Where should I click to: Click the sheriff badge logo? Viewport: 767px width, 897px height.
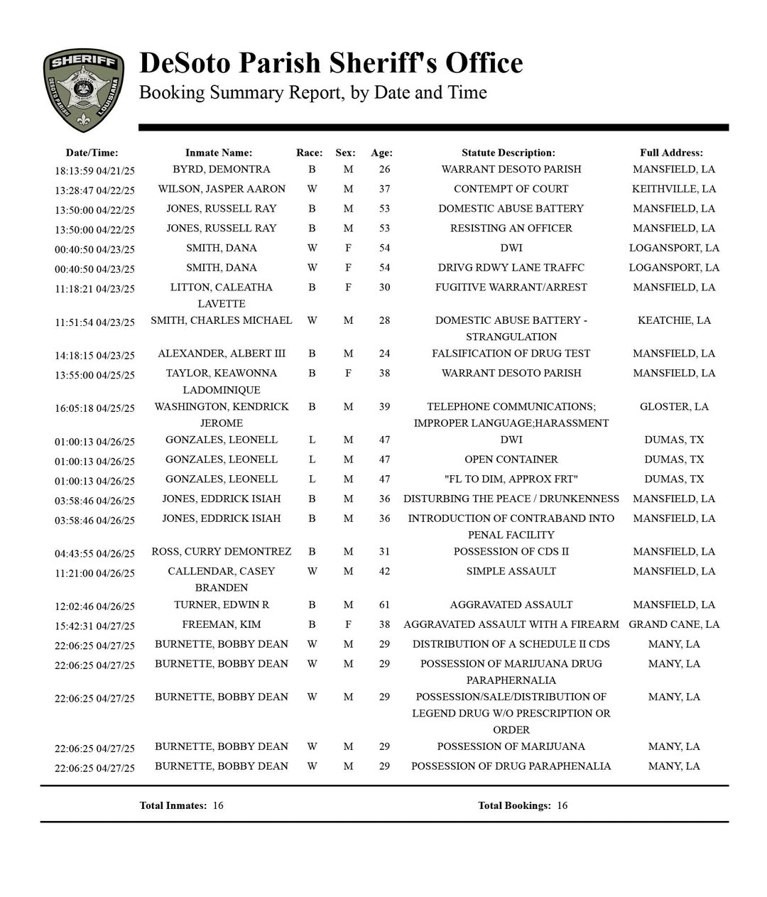pyautogui.click(x=84, y=90)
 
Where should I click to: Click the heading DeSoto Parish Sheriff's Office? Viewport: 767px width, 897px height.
pyautogui.click(x=331, y=63)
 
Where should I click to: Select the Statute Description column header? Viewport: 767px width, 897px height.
pyautogui.click(x=508, y=153)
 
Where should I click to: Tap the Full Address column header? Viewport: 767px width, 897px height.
pyautogui.click(x=671, y=153)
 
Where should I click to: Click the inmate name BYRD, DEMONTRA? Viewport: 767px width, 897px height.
pyautogui.click(x=221, y=170)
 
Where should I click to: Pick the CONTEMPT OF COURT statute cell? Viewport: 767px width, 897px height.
pyautogui.click(x=511, y=189)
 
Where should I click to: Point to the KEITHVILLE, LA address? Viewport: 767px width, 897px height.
pyautogui.click(x=674, y=189)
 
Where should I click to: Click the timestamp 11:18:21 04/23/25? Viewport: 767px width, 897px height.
pyautogui.click(x=94, y=289)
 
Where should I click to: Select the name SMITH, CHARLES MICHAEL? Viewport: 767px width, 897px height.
pyautogui.click(x=221, y=320)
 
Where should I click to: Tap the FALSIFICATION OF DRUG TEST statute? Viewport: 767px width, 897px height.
pyautogui.click(x=511, y=354)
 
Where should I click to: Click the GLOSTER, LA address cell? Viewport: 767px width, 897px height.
pyautogui.click(x=674, y=407)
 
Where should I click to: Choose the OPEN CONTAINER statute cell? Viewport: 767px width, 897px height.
pyautogui.click(x=511, y=460)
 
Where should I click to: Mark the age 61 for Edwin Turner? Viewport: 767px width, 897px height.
pyautogui.click(x=384, y=605)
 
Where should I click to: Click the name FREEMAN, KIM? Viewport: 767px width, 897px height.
pyautogui.click(x=221, y=625)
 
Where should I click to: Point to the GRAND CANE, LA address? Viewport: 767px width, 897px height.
pyautogui.click(x=674, y=625)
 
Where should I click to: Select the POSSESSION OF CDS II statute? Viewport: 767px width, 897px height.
pyautogui.click(x=511, y=552)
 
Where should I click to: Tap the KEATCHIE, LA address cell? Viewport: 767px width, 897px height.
pyautogui.click(x=674, y=320)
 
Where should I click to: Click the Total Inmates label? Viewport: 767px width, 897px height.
pyautogui.click(x=173, y=805)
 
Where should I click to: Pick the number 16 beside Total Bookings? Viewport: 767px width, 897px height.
pyautogui.click(x=562, y=805)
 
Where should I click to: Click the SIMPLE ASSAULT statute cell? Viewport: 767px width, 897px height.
pyautogui.click(x=511, y=572)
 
